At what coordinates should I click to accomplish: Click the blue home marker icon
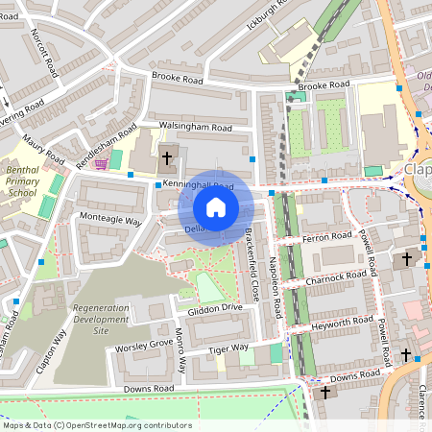[216, 206]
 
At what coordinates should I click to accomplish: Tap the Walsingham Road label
[195, 127]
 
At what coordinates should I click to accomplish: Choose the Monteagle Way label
[110, 220]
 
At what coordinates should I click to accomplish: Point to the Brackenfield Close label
[252, 264]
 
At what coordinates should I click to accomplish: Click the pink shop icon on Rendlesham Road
[101, 164]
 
